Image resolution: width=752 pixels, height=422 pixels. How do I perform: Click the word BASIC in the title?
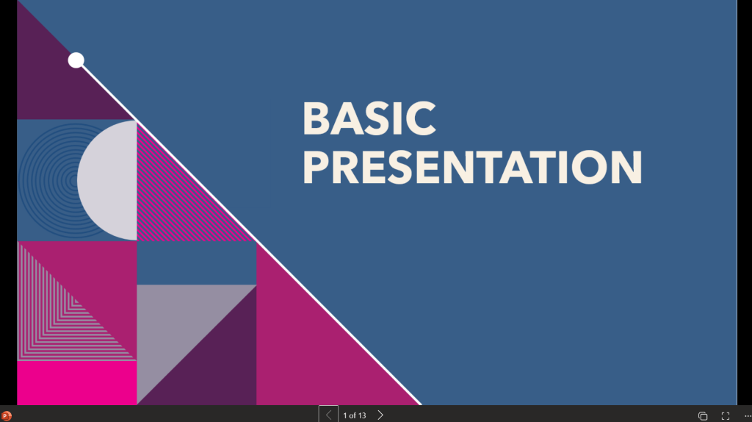tap(369, 118)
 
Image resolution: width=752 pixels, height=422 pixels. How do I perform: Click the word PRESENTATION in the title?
tap(472, 167)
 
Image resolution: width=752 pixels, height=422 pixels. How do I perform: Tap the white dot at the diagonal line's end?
tap(76, 60)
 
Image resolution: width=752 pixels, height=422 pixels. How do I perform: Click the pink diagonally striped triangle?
tap(178, 201)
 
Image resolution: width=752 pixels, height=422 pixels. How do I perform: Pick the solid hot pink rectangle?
tap(76, 382)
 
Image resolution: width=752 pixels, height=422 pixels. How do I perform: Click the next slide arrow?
tap(380, 415)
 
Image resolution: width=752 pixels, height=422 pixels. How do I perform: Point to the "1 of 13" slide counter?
tap(355, 415)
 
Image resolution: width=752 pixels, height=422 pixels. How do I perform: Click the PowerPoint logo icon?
tap(6, 416)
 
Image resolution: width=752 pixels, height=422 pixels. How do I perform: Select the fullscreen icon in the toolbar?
tap(725, 416)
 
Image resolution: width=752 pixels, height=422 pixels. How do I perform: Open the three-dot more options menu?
tap(748, 416)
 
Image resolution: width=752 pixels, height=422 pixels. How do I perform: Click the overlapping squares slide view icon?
tap(703, 416)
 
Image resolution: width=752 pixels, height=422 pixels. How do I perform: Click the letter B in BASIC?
tap(317, 118)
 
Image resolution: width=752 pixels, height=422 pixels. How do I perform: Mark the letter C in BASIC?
tap(421, 118)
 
